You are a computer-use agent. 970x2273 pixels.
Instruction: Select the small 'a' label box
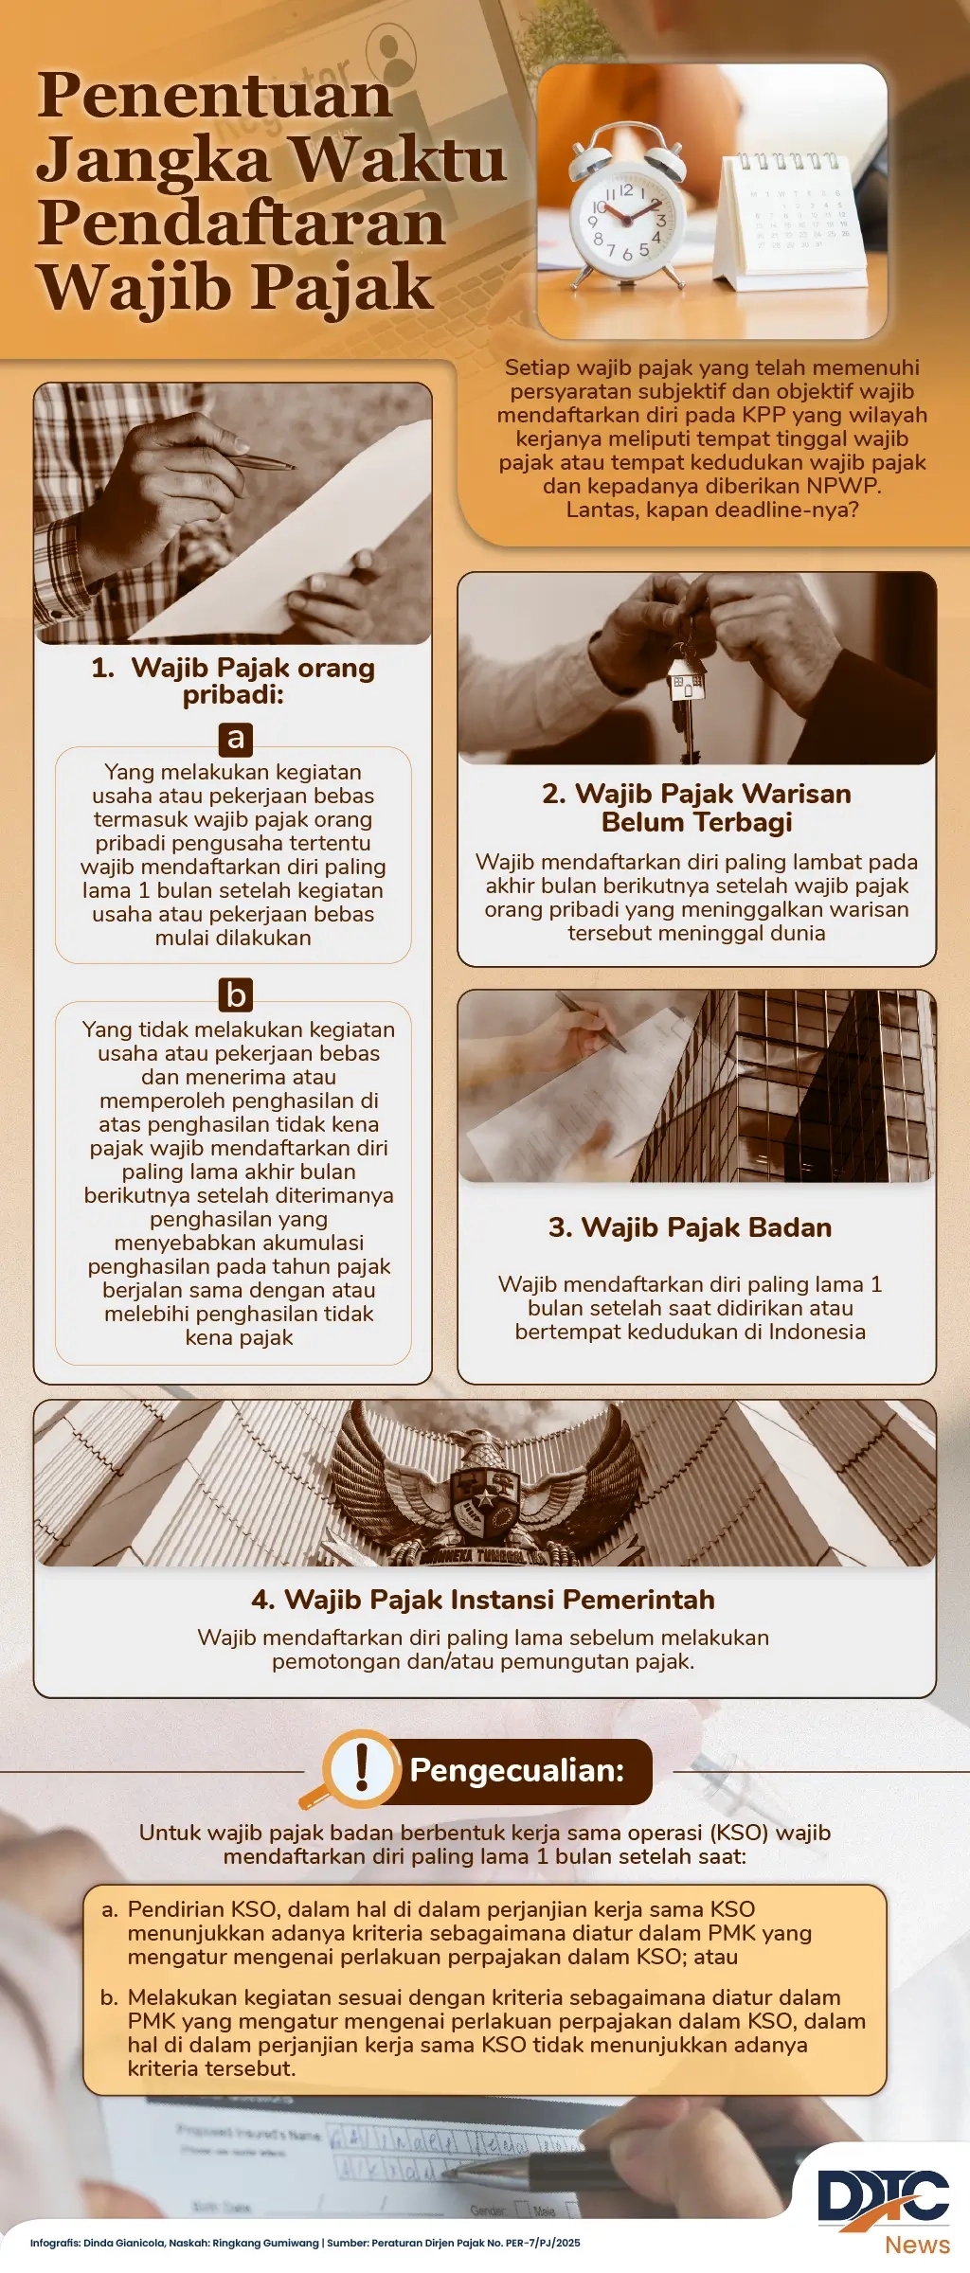pos(235,738)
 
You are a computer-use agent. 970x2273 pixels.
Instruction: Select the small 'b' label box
pos(235,995)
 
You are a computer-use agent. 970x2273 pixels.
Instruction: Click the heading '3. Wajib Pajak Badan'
pos(690,1227)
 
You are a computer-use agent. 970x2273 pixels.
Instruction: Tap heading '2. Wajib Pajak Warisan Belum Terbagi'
pos(696,807)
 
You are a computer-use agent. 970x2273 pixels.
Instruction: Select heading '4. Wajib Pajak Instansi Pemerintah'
pos(483,1600)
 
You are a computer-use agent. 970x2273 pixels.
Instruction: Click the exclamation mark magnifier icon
pos(359,1767)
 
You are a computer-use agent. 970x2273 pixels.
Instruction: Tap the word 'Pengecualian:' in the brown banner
pos(517,1770)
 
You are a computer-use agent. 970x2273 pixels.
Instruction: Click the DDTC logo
pos(883,2196)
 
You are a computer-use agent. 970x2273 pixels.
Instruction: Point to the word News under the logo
pos(917,2245)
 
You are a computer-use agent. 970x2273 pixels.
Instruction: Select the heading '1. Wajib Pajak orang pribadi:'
pos(233,681)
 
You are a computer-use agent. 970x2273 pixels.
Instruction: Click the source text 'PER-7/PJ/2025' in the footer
pos(543,2243)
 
